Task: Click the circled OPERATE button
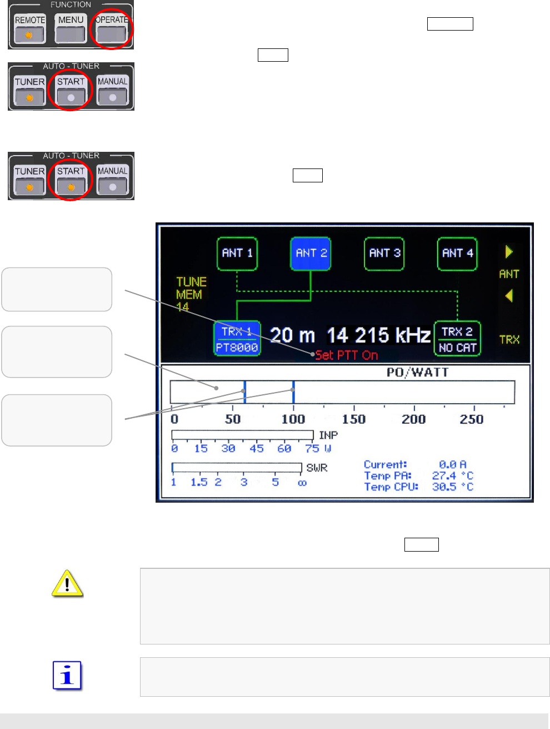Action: (111, 28)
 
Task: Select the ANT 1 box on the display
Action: (237, 254)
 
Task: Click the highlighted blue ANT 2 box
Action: (311, 254)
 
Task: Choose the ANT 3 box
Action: (384, 254)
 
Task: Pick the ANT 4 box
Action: (457, 254)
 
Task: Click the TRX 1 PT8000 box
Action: (237, 339)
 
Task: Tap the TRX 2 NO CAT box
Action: (457, 339)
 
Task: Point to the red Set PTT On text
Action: (347, 355)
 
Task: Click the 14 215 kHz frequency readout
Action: (378, 335)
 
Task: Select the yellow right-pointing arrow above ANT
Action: (509, 252)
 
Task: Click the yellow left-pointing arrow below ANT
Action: (509, 296)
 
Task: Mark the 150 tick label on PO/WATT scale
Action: (354, 419)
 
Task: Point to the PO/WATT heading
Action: (417, 373)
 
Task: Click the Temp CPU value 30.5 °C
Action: (452, 487)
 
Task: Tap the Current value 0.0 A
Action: (452, 464)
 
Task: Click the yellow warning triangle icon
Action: (67, 583)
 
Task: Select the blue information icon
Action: (67, 676)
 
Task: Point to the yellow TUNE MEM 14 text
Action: (191, 294)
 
